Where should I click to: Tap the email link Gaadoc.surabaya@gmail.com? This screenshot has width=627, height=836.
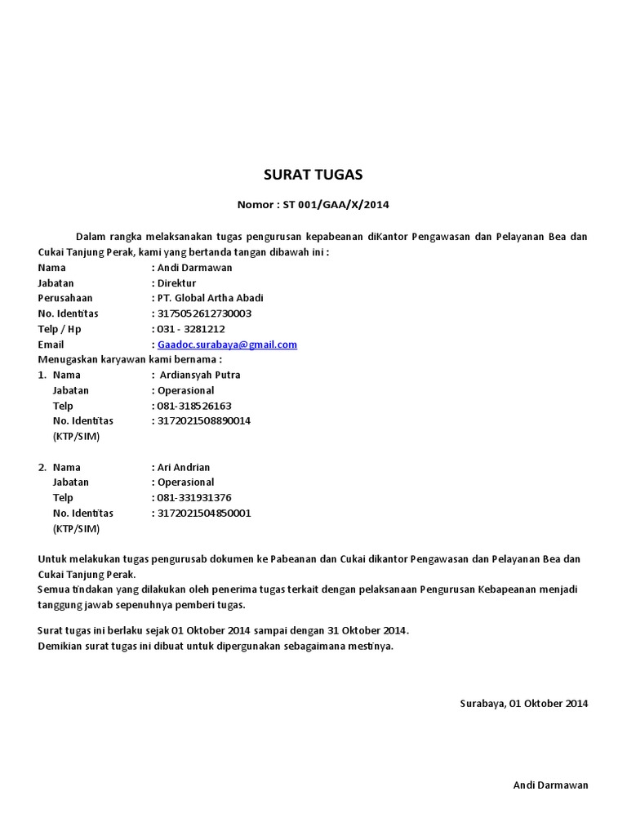pyautogui.click(x=227, y=345)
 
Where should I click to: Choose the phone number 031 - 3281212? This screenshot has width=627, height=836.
pyautogui.click(x=191, y=329)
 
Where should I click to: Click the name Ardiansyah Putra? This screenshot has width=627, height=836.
pyautogui.click(x=201, y=375)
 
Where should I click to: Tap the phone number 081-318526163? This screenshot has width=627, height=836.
pyautogui.click(x=194, y=406)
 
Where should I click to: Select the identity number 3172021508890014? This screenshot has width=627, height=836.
pyautogui.click(x=204, y=421)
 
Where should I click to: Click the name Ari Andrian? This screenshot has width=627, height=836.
pyautogui.click(x=184, y=467)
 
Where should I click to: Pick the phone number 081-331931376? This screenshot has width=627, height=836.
pyautogui.click(x=194, y=497)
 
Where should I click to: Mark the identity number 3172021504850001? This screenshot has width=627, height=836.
pyautogui.click(x=204, y=514)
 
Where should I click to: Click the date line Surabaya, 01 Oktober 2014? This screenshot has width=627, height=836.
pyautogui.click(x=524, y=703)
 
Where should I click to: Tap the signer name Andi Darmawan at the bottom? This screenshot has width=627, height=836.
pyautogui.click(x=550, y=785)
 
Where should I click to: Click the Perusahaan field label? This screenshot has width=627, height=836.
pyautogui.click(x=65, y=298)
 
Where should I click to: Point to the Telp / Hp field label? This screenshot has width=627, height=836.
pyautogui.click(x=60, y=329)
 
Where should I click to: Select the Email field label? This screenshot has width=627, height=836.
pyautogui.click(x=51, y=345)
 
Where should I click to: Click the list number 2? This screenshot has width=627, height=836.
pyautogui.click(x=42, y=467)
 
